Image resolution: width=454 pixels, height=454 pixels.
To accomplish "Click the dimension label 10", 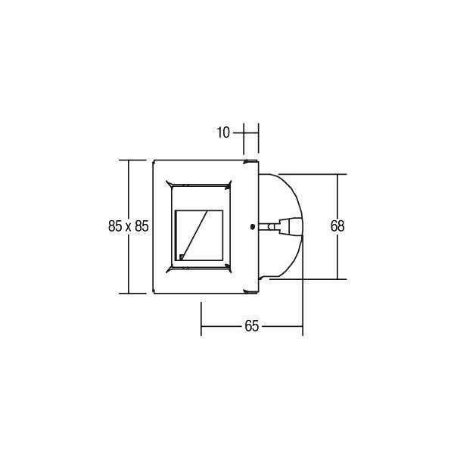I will pos(222,132).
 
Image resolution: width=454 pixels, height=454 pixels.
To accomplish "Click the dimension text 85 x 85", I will pos(128,225).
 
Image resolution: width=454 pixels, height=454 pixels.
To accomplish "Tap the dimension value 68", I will pos(337,225).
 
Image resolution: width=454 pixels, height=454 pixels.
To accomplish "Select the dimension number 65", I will pos(252,326).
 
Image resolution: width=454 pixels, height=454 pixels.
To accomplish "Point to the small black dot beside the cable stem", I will pos(251,225).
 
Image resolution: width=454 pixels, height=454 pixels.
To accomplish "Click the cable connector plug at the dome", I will pos(288,225).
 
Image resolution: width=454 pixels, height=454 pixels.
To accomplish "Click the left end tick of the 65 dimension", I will pos(201,319).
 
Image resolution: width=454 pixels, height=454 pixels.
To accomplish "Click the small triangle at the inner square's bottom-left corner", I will pos(181,257).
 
